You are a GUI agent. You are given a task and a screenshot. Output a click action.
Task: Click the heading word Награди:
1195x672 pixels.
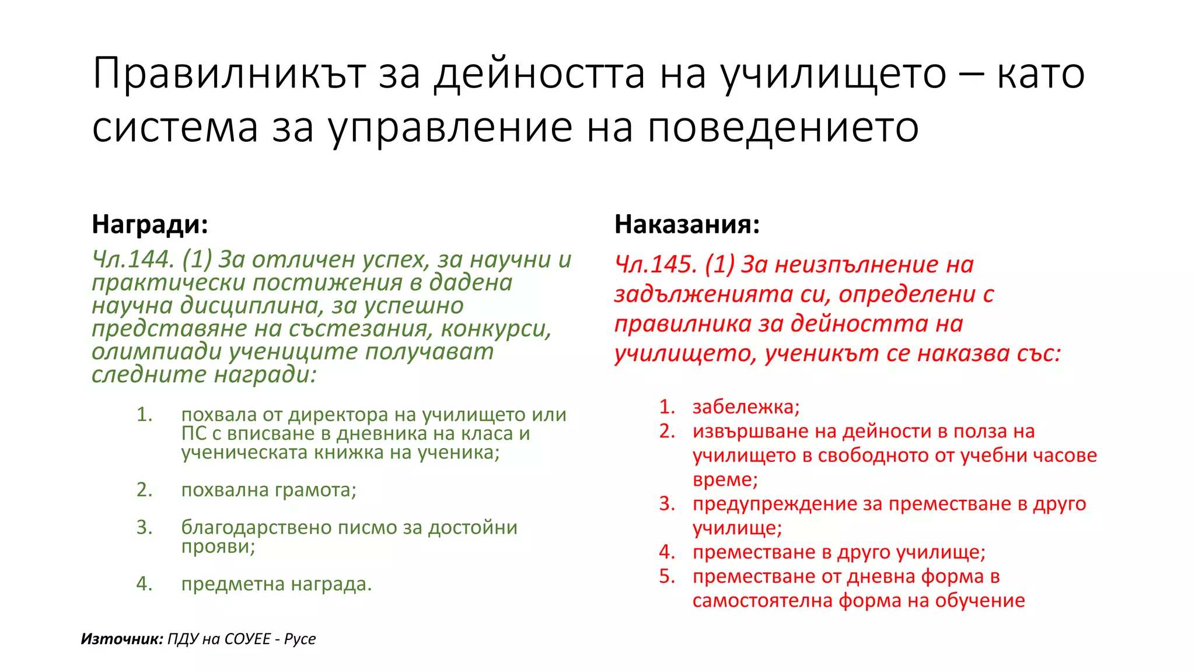pos(150,225)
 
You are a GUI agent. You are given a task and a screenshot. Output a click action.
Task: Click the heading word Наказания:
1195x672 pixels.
pos(687,225)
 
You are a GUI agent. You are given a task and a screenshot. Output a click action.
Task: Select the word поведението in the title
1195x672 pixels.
pos(783,127)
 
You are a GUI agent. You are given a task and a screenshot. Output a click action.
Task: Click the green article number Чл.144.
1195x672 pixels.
pos(133,260)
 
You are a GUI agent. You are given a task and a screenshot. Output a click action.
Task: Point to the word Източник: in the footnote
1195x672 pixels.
pos(121,639)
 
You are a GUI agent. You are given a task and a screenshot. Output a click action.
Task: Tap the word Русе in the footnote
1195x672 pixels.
pos(300,639)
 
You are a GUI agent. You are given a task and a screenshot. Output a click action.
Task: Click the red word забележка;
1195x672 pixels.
pos(746,407)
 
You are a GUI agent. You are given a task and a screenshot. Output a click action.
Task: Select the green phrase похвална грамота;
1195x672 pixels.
pos(268,490)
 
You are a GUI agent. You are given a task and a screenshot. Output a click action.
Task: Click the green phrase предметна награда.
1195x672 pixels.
pos(276,584)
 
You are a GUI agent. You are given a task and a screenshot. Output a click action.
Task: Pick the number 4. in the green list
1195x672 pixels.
pos(144,584)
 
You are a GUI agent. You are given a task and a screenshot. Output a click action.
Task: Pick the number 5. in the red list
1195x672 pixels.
pos(668,576)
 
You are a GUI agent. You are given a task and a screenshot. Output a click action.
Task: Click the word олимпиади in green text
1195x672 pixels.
pos(156,352)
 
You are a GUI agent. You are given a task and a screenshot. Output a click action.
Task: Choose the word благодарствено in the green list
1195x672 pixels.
pos(257,527)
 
